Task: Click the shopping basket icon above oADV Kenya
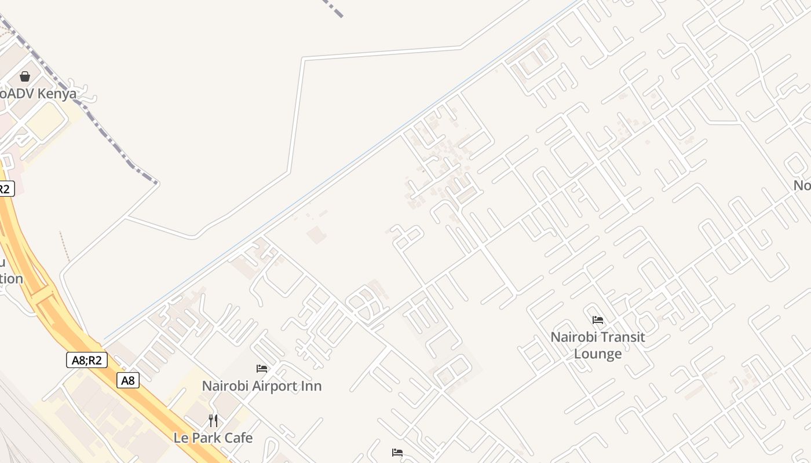coord(25,76)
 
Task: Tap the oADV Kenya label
coord(38,93)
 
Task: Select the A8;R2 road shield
coord(86,360)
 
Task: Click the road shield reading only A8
coord(128,380)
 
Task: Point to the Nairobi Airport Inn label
coord(261,386)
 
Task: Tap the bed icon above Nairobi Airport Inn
coord(262,369)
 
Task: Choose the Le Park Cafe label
coord(213,438)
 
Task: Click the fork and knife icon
coord(213,421)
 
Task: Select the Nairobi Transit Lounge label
coord(597,345)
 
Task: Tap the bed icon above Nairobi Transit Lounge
coord(598,320)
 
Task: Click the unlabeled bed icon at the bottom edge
coord(397,453)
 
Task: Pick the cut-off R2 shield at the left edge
coord(5,189)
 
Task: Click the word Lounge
coord(598,354)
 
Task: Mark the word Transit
coord(623,337)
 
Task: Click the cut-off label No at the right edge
coord(802,185)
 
